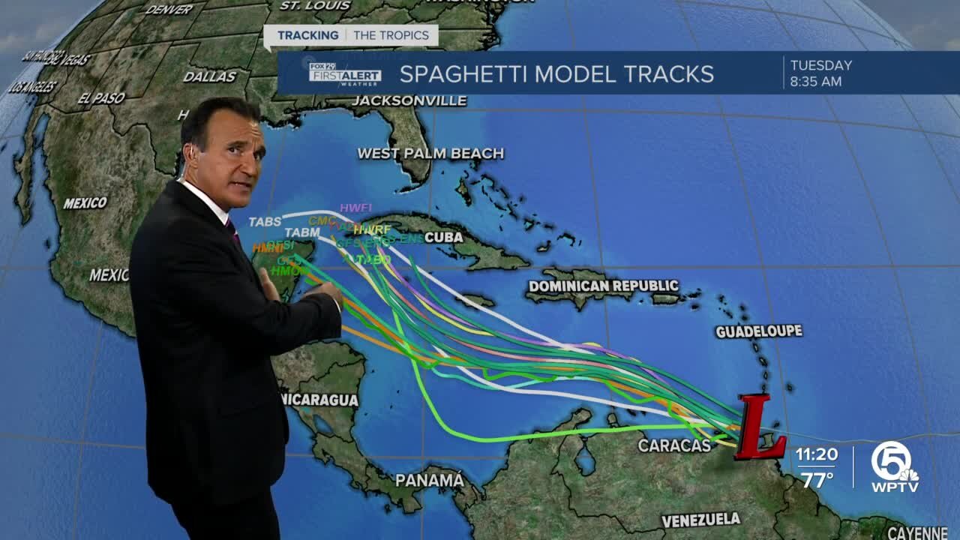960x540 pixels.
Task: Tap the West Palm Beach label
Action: pyautogui.click(x=430, y=154)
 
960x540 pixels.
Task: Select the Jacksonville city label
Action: pyautogui.click(x=409, y=100)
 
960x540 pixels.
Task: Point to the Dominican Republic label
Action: pyautogui.click(x=603, y=286)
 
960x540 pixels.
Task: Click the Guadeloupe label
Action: pyautogui.click(x=758, y=331)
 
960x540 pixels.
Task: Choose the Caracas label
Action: pyautogui.click(x=674, y=445)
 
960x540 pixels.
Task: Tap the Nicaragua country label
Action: pyautogui.click(x=319, y=400)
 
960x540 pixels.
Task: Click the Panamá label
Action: pyautogui.click(x=430, y=480)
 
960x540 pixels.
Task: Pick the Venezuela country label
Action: pyautogui.click(x=700, y=520)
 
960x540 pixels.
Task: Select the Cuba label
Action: pyautogui.click(x=443, y=237)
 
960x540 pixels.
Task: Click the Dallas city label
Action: pyautogui.click(x=209, y=76)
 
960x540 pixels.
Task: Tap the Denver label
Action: pyautogui.click(x=169, y=10)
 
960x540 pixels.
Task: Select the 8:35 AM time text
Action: pyautogui.click(x=816, y=82)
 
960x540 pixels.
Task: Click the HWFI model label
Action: pyautogui.click(x=355, y=208)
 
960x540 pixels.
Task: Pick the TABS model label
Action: pyautogui.click(x=265, y=222)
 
